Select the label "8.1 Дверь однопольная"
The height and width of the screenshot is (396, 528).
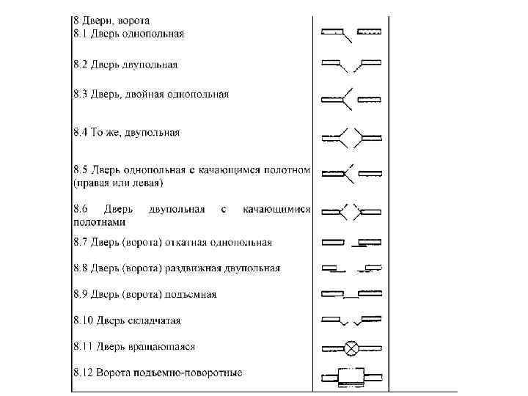pos(128,34)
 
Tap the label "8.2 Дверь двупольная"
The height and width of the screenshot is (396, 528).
pos(125,65)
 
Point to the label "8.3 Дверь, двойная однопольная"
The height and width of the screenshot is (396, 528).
pos(151,95)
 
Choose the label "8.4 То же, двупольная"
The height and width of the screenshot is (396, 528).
pos(126,133)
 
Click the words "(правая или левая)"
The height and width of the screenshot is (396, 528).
pos(118,182)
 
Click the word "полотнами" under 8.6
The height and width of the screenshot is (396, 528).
pos(99,221)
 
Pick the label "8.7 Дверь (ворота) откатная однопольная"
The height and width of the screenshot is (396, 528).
pos(172,242)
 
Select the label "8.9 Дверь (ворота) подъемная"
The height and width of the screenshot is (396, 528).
pos(144,294)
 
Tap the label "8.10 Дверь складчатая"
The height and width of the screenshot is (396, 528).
pos(127,320)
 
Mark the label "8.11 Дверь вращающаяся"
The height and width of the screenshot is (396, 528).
pos(133,346)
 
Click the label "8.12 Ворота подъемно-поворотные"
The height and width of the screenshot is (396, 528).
pos(158,373)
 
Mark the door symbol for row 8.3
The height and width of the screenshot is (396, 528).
pos(351,98)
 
